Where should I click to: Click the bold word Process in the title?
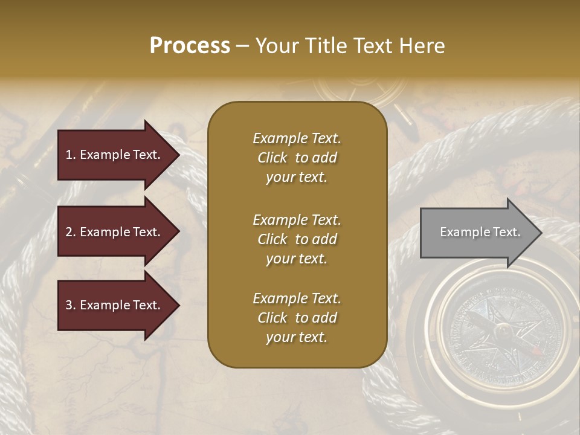point(190,46)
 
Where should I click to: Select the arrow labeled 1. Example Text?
point(115,155)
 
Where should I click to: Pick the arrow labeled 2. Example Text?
point(115,232)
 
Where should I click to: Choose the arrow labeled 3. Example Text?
point(115,305)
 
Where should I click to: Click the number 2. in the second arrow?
point(71,232)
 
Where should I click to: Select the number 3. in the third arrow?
point(71,305)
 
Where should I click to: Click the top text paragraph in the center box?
point(297,158)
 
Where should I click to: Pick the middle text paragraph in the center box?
point(297,239)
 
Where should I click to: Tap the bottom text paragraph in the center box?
point(297,318)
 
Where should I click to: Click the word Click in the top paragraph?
point(272,158)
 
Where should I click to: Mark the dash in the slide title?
point(243,46)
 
